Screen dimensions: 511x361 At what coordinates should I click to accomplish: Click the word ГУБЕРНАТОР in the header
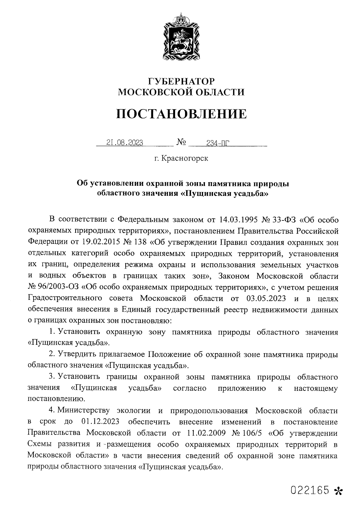coord(181,81)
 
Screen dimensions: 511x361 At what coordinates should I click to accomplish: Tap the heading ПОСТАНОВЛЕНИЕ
coord(181,114)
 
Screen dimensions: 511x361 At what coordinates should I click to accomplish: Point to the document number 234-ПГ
coord(216,143)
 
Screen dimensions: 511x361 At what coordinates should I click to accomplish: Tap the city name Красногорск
coord(185,158)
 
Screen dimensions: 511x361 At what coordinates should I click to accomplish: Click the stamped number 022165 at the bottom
coord(309,490)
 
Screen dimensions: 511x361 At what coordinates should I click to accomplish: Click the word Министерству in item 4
coord(85,411)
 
